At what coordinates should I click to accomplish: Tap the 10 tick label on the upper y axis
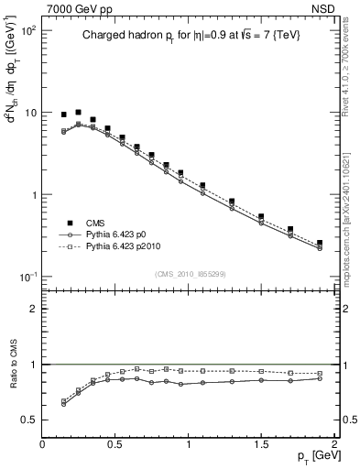pos(29,113)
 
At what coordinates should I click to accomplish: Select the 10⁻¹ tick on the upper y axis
pos(27,277)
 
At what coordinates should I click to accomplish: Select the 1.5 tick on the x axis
pos(261,443)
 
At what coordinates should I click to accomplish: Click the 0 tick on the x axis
pos(42,443)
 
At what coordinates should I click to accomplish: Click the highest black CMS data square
pos(78,112)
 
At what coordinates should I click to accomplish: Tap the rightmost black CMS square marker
pos(320,243)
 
